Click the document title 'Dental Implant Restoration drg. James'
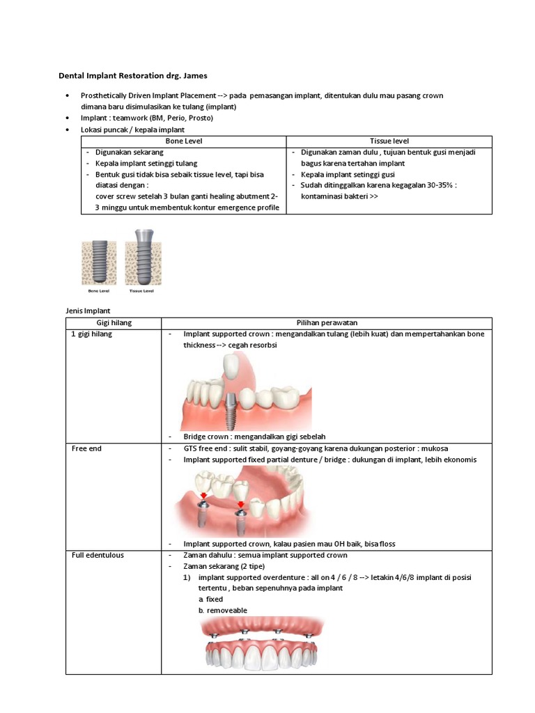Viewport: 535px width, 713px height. coord(132,75)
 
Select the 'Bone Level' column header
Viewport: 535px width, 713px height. coord(184,141)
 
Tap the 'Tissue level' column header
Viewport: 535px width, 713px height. coord(389,141)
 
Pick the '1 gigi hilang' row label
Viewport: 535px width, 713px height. coord(92,334)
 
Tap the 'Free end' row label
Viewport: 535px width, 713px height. coord(86,448)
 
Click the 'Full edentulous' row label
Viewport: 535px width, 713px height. coord(98,555)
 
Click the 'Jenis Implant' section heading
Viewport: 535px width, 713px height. coord(88,310)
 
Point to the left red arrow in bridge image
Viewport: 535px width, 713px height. coord(204,496)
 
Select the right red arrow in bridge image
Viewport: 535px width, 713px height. coord(240,505)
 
